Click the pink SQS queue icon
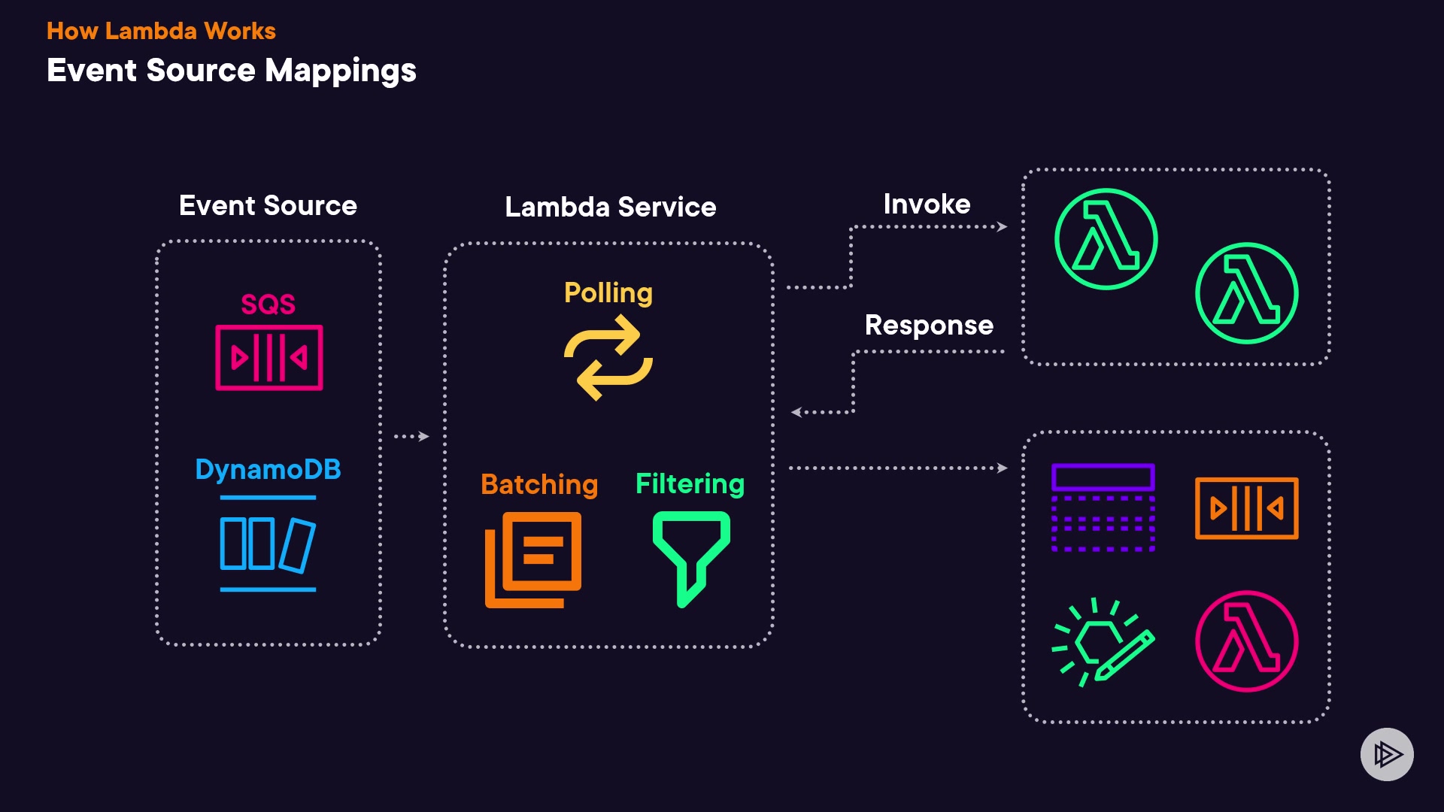269,358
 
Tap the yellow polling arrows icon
608,358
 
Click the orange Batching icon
533,559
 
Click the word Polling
608,292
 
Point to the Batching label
539,484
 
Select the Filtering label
690,483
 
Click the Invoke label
927,204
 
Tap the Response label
929,325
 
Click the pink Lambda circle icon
1246,641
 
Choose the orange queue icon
1246,508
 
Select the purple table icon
1103,507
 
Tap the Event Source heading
268,205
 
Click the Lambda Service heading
610,207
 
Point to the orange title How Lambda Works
161,31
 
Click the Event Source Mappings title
231,71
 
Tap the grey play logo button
1387,754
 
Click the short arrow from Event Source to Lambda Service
411,436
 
